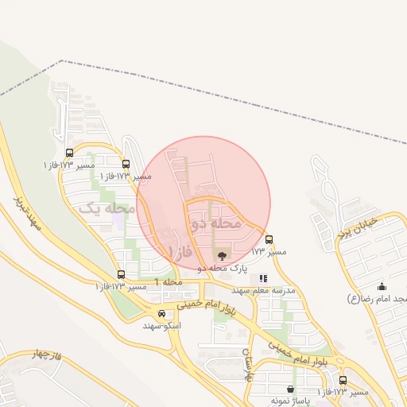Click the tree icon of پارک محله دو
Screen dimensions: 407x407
(221, 256)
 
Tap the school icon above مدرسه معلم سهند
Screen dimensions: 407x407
(264, 278)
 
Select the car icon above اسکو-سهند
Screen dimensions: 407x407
(162, 314)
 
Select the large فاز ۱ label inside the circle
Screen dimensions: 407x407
(180, 251)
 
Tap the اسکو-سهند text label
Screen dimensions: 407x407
(162, 327)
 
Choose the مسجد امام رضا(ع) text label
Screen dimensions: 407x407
(378, 298)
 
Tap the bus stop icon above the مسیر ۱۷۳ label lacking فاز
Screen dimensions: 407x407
(269, 239)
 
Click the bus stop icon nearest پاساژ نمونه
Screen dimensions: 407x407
(343, 380)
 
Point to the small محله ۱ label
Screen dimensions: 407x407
(169, 282)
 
